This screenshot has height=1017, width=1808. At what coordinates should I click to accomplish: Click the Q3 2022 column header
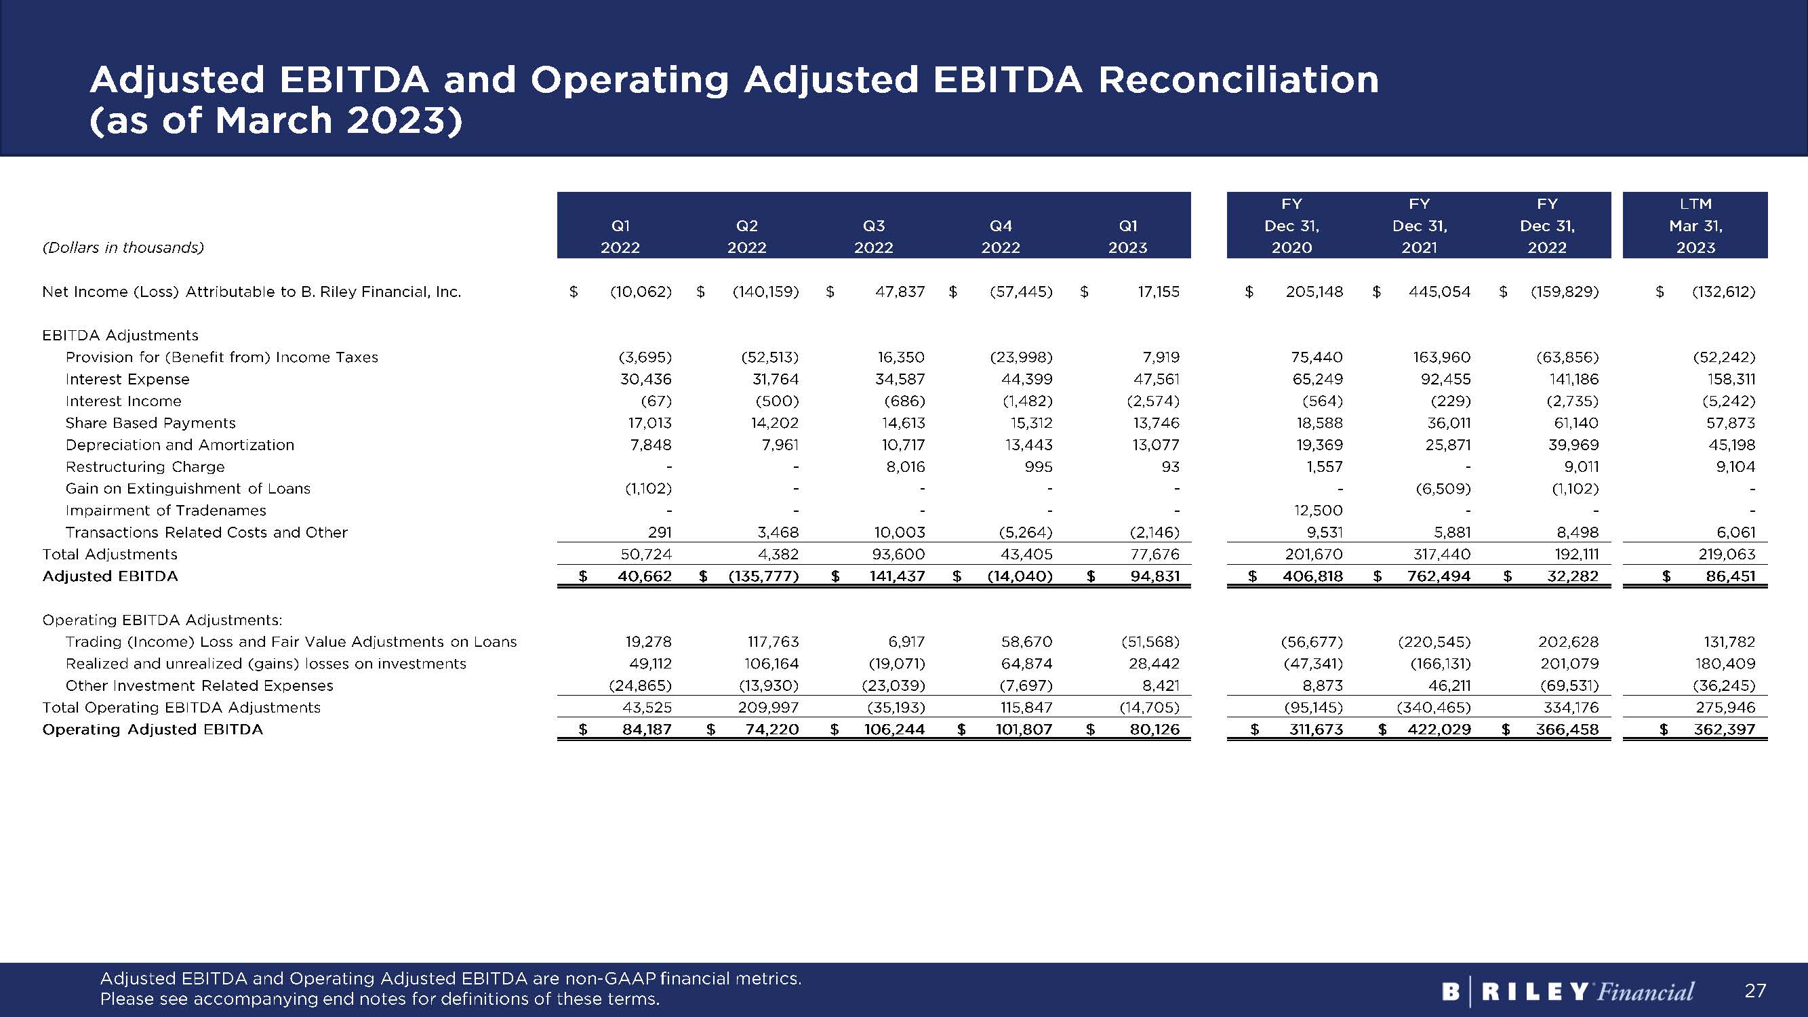(x=873, y=237)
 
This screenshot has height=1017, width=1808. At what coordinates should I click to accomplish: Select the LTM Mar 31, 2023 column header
(x=1695, y=225)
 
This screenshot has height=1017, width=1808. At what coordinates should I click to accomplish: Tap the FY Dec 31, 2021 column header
(x=1419, y=225)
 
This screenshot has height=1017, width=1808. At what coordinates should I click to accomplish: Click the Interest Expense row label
(x=127, y=379)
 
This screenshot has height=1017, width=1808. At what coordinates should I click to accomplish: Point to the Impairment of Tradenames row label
(x=165, y=511)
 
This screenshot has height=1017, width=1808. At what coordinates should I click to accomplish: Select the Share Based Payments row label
(x=150, y=422)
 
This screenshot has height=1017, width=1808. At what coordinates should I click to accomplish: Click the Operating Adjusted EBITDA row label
(x=153, y=730)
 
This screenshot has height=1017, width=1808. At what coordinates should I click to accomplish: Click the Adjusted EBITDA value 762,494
(x=1438, y=576)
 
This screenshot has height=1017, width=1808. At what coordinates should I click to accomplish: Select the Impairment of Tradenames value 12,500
(x=1318, y=511)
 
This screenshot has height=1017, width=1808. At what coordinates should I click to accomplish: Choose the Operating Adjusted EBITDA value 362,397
(x=1724, y=730)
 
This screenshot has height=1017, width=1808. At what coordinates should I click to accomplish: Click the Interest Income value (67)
(x=656, y=401)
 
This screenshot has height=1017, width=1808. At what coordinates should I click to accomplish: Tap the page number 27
(x=1754, y=991)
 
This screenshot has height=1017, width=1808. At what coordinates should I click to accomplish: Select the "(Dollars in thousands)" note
(x=123, y=247)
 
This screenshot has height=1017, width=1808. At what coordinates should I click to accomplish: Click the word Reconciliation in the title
(x=1238, y=80)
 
